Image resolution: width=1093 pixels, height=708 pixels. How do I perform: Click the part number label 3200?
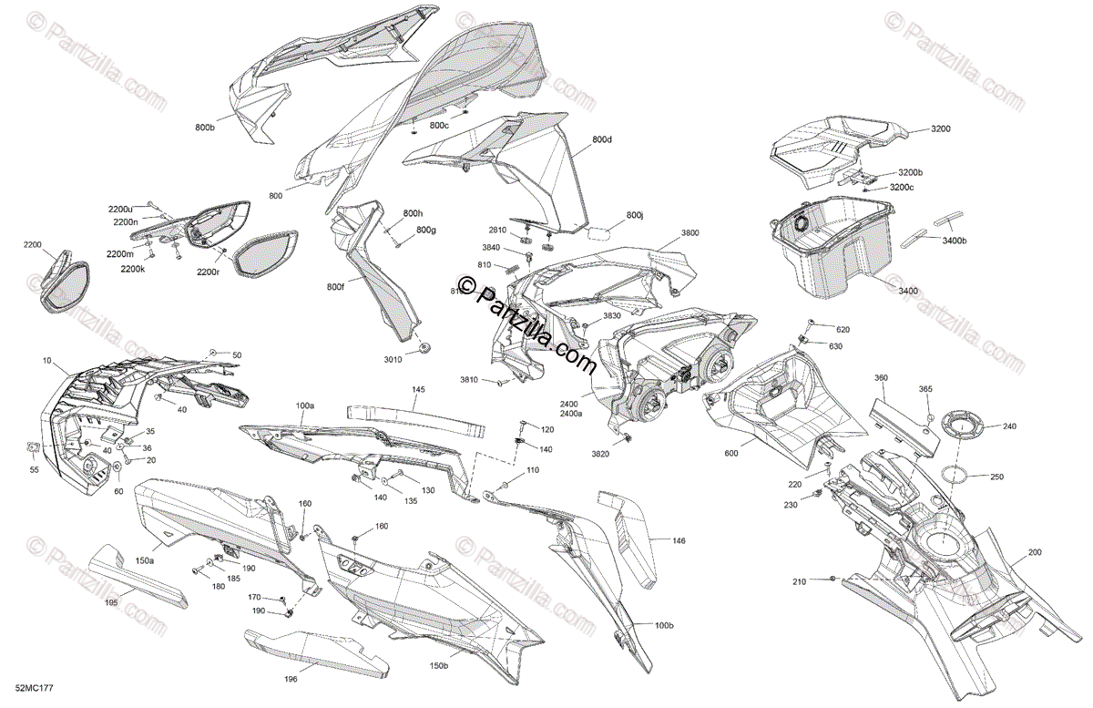[x=940, y=129]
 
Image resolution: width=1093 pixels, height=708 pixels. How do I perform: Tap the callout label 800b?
[x=205, y=128]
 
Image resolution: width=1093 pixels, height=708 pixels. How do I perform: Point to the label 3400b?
[x=954, y=241]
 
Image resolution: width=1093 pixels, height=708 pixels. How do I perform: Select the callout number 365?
[x=924, y=389]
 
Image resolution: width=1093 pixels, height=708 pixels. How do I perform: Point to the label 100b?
[x=664, y=625]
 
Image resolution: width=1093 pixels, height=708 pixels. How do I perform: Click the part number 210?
[x=800, y=581]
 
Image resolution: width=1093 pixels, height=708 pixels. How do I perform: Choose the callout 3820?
[x=600, y=453]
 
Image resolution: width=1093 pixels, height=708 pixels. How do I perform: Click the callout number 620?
[x=843, y=329]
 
